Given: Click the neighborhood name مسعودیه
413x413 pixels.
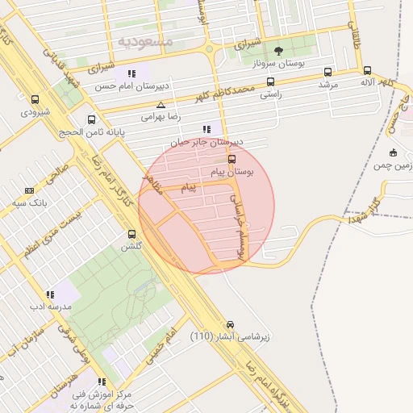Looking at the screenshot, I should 145,40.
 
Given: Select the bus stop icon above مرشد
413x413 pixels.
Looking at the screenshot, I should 327,71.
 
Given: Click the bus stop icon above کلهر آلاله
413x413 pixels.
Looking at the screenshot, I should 367,70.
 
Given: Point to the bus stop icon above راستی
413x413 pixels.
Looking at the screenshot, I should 269,81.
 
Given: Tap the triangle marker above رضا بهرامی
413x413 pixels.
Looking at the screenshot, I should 161,105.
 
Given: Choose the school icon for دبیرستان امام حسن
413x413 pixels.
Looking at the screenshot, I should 131,73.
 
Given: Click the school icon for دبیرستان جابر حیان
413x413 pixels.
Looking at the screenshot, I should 207,129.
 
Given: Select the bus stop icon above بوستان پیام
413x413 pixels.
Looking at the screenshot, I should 232,159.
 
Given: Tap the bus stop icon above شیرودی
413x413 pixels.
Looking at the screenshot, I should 34,99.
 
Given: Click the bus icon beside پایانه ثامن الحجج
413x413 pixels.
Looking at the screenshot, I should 91,120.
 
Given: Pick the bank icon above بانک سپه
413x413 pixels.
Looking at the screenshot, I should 30,190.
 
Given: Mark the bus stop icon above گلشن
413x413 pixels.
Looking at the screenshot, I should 131,234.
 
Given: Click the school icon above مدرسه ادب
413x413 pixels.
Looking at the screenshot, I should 50,294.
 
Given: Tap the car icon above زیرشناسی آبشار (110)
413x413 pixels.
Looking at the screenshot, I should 231,323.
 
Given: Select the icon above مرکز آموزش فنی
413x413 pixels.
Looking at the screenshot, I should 102,382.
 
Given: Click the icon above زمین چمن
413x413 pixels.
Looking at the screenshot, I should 393,152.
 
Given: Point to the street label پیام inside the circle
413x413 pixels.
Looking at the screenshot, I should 188,187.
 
